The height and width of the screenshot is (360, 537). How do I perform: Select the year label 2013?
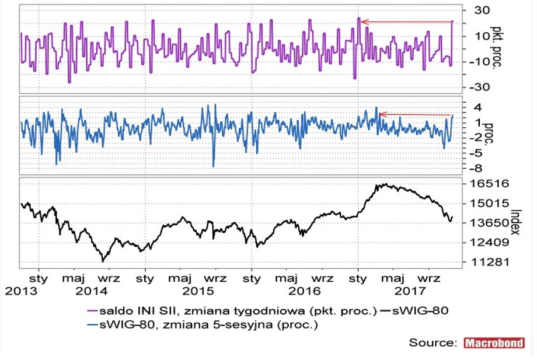(17, 290)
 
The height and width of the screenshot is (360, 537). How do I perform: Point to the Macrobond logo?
(494, 342)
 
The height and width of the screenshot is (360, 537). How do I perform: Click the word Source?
(433, 342)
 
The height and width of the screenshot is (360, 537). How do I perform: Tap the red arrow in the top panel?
(406, 22)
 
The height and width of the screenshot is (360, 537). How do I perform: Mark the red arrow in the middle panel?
(416, 114)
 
